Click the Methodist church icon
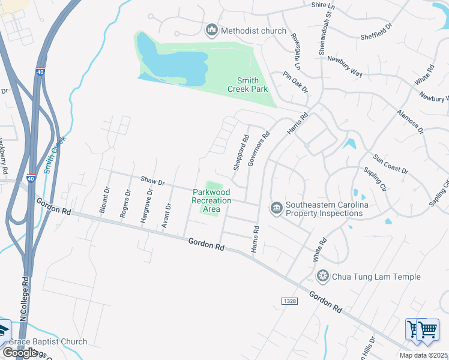(211, 29)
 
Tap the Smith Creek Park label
(247, 85)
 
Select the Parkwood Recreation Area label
(211, 200)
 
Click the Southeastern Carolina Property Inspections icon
(276, 208)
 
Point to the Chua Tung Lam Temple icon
(323, 276)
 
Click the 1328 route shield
(289, 299)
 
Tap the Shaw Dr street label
(152, 180)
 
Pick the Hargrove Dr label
(146, 206)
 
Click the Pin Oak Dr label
(295, 81)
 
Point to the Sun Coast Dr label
(391, 163)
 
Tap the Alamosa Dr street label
(411, 121)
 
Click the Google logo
(20, 352)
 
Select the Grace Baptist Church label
(47, 342)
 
